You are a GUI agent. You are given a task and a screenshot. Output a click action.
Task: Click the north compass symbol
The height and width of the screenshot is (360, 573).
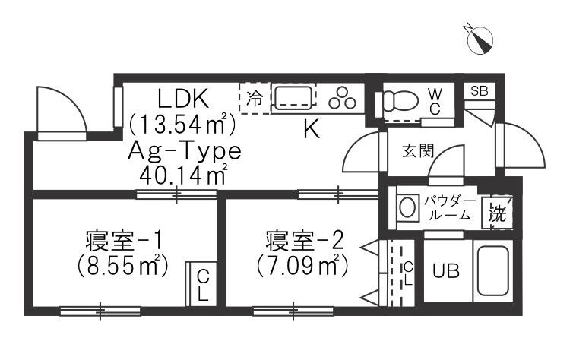click(480, 39)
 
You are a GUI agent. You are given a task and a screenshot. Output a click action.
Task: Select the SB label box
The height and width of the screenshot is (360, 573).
click(479, 91)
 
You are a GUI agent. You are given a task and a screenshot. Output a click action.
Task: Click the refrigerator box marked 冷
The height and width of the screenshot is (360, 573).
click(255, 98)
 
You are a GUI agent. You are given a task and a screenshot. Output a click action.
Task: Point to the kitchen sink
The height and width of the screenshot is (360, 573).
click(293, 97)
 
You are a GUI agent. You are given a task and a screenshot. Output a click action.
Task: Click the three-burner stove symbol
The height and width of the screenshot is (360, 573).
click(343, 98)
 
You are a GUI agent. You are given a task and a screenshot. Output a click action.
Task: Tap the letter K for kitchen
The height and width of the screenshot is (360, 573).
click(312, 129)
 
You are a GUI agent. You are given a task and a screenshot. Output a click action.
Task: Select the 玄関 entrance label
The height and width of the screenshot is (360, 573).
click(418, 151)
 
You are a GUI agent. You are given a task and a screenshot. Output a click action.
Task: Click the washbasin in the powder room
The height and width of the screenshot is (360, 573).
click(407, 208)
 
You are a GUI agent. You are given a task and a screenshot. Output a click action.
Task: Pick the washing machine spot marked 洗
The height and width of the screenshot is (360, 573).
click(499, 213)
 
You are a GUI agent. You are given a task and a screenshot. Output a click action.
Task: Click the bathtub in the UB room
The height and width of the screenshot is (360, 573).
click(492, 270)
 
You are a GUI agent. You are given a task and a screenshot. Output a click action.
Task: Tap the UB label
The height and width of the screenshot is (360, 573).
click(446, 271)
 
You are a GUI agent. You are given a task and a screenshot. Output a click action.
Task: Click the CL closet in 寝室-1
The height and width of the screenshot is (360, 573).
click(201, 284)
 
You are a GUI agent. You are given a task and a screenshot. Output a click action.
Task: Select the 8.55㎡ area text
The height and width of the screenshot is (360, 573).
click(123, 266)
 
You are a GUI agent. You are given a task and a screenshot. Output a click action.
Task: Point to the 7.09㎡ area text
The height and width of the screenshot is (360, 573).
click(302, 265)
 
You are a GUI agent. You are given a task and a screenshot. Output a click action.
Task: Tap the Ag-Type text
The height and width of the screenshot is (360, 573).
click(185, 151)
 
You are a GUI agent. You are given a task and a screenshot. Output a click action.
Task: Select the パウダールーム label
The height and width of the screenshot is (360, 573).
click(449, 208)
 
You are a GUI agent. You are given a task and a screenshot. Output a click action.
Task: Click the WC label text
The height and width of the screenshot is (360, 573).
click(435, 102)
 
